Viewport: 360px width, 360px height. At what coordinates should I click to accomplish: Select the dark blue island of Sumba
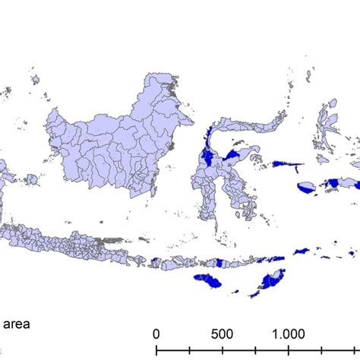click(x=207, y=280)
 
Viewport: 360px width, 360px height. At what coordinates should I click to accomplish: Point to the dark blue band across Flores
click(x=221, y=262)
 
